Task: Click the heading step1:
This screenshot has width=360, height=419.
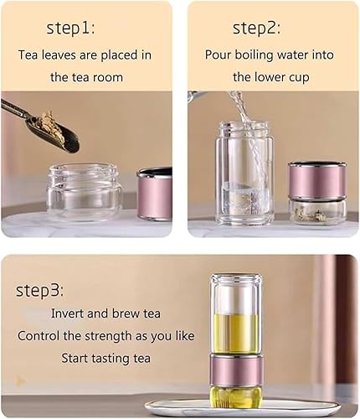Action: click(70, 28)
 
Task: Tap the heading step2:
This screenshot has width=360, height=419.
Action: click(257, 28)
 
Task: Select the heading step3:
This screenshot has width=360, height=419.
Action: click(40, 291)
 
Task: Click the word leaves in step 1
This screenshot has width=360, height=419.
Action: click(59, 54)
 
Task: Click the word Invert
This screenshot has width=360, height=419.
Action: click(67, 313)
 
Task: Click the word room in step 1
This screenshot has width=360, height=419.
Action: click(108, 77)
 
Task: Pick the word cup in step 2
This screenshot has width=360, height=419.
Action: click(298, 78)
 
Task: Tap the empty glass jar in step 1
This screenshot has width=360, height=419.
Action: click(84, 192)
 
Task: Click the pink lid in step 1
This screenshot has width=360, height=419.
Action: click(154, 194)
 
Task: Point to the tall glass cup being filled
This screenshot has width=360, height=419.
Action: click(244, 173)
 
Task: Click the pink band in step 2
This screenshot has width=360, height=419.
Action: click(317, 181)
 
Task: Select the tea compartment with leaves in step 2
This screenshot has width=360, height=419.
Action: click(317, 211)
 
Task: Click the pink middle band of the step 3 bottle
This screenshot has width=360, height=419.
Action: click(236, 370)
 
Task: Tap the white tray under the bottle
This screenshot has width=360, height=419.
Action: click(245, 408)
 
